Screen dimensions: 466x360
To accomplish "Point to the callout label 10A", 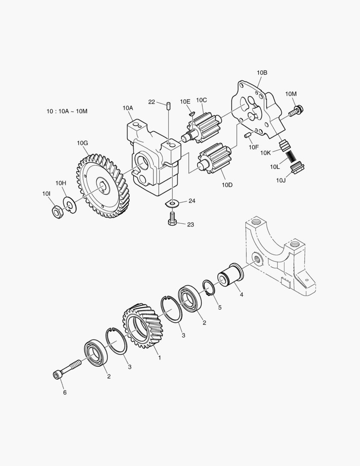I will coord(128,108).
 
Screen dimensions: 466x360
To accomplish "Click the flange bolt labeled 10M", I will coord(295,111).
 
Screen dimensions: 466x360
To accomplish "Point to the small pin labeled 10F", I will coord(248,135).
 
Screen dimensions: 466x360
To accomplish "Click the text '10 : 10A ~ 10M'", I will coord(67,111).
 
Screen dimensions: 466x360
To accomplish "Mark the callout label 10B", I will coord(262,73).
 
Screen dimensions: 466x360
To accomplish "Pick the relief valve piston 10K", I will coord(284,145).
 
